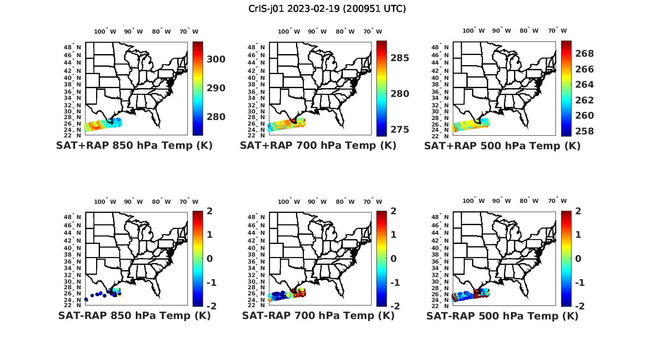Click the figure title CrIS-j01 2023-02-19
pyautogui.click(x=327, y=9)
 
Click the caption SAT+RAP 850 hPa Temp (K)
pyautogui.click(x=134, y=146)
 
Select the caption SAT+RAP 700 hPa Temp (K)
pyautogui.click(x=318, y=146)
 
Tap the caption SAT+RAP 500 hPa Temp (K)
pyautogui.click(x=502, y=146)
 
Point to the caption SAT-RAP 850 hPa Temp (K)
pyautogui.click(x=134, y=316)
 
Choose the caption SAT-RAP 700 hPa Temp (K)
pyautogui.click(x=318, y=316)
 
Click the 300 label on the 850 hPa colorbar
pyautogui.click(x=216, y=59)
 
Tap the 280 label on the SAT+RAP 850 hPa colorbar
pyautogui.click(x=216, y=117)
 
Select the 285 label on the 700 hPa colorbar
pyautogui.click(x=400, y=58)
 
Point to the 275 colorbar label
pyautogui.click(x=400, y=130)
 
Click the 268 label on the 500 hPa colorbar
pyautogui.click(x=585, y=54)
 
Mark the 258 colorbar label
pyautogui.click(x=585, y=131)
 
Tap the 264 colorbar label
pyautogui.click(x=585, y=85)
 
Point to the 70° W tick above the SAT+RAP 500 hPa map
pyautogui.click(x=557, y=31)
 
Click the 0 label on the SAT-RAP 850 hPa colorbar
pyautogui.click(x=209, y=259)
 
